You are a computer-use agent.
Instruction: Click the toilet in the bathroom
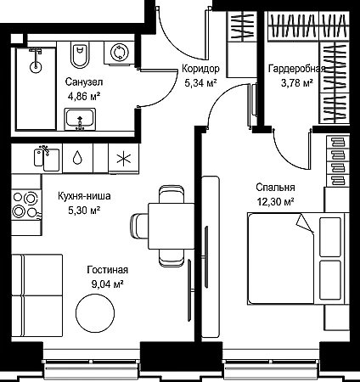coord(79,55)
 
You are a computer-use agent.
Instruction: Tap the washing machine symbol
coord(119,53)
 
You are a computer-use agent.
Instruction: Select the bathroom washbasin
coord(80,119)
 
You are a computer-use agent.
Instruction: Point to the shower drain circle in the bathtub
coord(36,67)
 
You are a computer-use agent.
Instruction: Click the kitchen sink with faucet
coord(47,159)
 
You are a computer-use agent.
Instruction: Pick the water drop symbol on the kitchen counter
coord(77,158)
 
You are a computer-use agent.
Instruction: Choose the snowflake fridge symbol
coord(124,159)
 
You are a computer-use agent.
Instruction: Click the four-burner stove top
coord(26,205)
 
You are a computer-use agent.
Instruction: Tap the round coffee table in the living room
coord(95,313)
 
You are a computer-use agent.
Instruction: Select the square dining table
coord(172,226)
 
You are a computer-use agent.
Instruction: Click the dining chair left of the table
coord(139,226)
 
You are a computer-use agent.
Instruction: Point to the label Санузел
coord(84,81)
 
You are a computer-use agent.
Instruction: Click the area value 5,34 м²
coord(200,83)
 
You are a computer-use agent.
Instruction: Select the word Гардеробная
coord(296,69)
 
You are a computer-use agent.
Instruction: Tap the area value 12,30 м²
coord(275,202)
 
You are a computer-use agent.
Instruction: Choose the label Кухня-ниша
coord(84,196)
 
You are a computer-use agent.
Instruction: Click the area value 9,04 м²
coord(107,284)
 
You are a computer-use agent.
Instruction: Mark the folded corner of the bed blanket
coord(304,223)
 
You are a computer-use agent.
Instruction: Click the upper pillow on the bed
coord(330,237)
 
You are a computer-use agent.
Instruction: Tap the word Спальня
coord(275,188)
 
